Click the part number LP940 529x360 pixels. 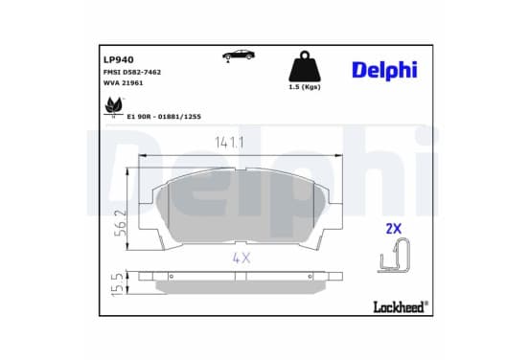click(119, 59)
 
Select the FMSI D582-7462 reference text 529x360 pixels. click(132, 72)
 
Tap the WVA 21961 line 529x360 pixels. click(123, 83)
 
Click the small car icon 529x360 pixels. click(239, 55)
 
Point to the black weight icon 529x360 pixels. click(305, 66)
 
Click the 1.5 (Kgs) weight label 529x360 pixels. click(305, 87)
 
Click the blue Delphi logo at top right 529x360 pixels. click(384, 71)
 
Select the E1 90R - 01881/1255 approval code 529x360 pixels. click(164, 117)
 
